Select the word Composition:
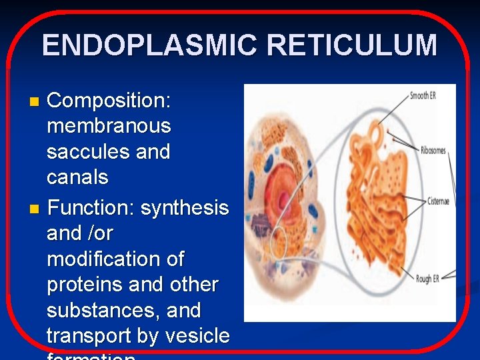109,101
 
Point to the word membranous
109,126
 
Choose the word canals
77,177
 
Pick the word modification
115,259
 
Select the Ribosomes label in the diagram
433,151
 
